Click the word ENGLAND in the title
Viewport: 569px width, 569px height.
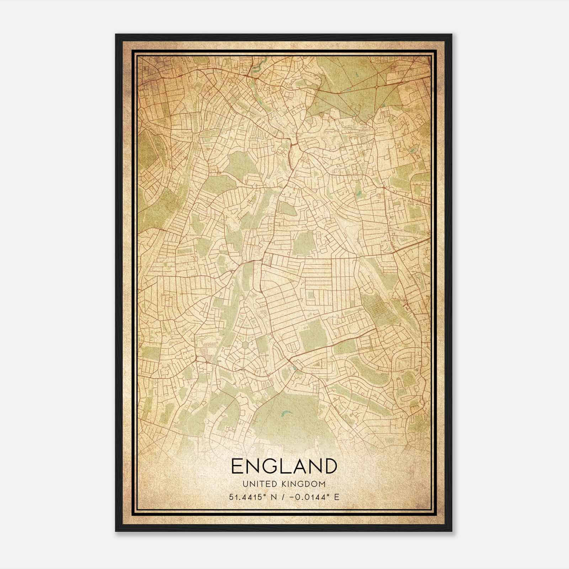pos(284,466)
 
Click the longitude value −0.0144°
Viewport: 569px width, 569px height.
pos(312,497)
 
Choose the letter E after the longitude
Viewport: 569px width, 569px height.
pos(336,497)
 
